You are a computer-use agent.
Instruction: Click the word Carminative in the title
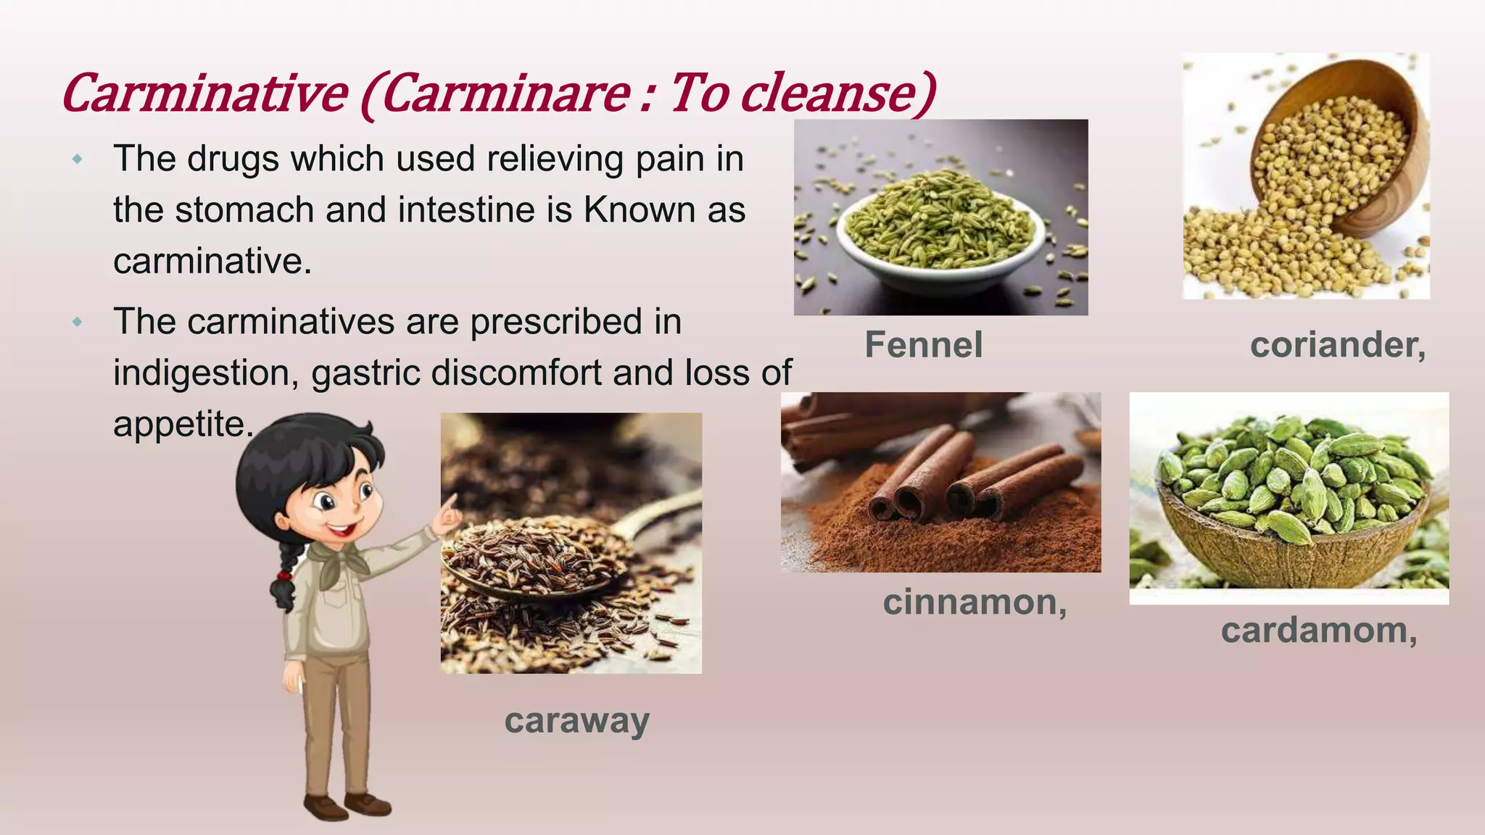(205, 94)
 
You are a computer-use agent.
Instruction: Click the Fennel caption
(923, 344)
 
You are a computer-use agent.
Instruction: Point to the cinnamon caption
(975, 602)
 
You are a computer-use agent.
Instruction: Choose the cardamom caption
(1319, 630)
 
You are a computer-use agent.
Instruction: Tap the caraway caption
(576, 720)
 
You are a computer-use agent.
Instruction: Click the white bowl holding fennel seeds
(941, 250)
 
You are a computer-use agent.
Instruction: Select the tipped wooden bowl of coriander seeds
(1341, 145)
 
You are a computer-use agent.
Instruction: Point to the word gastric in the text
(367, 373)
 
